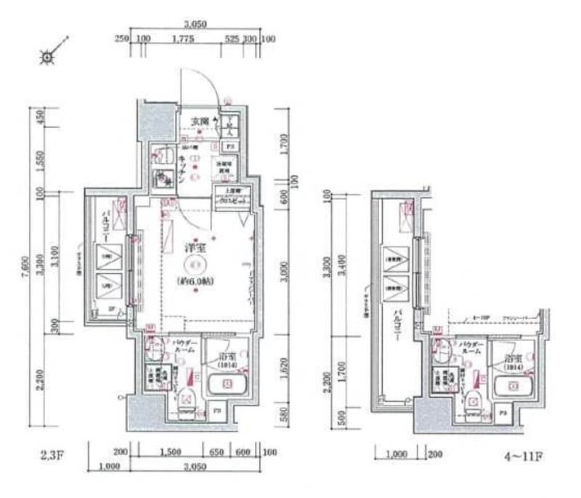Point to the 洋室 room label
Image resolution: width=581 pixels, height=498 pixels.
pyautogui.click(x=194, y=247)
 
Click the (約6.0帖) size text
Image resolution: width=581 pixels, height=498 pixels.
pyautogui.click(x=195, y=280)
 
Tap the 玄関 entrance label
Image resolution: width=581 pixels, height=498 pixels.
pyautogui.click(x=200, y=121)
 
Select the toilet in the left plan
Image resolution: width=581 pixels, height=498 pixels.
pyautogui.click(x=186, y=397)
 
